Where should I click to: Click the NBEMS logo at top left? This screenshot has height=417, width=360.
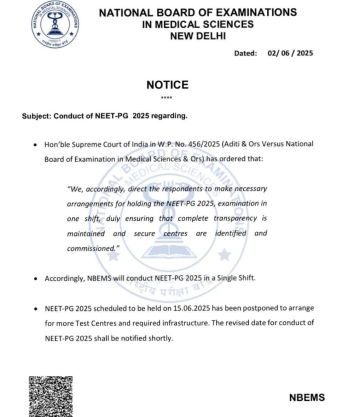[56, 24]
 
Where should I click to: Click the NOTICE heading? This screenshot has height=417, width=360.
[167, 85]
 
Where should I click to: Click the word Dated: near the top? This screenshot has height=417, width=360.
[246, 53]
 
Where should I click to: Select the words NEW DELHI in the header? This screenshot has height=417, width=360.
[198, 36]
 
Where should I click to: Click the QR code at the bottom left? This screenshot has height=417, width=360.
[51, 396]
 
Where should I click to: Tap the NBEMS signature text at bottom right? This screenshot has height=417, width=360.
[307, 397]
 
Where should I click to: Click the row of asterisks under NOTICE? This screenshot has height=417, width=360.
[167, 98]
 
